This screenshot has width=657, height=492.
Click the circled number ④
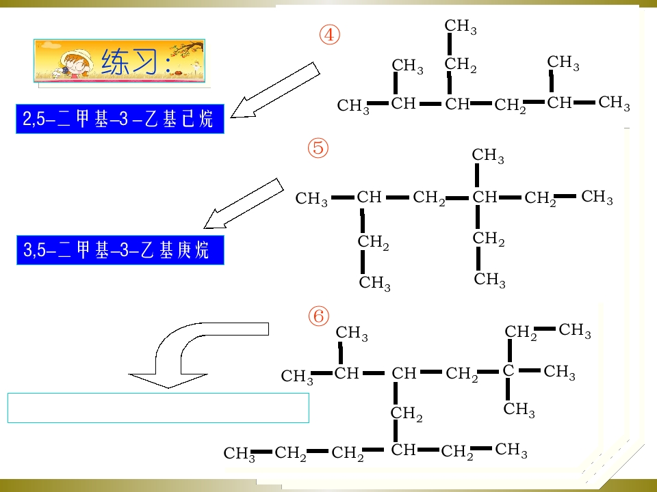[329, 35]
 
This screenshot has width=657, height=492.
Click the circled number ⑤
[318, 148]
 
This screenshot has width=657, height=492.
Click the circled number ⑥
[318, 316]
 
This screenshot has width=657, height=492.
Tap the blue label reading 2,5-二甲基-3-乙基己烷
[120, 119]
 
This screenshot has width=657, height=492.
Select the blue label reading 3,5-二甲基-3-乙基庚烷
[120, 250]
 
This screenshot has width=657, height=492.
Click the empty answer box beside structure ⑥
[158, 408]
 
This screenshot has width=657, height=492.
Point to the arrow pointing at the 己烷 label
[274, 91]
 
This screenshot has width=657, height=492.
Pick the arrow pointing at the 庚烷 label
[243, 204]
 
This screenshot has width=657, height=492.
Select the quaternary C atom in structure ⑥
[508, 370]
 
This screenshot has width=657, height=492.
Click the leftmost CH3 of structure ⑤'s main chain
[311, 198]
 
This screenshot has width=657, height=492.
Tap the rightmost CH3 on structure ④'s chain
[614, 102]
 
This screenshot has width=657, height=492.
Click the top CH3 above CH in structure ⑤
[488, 155]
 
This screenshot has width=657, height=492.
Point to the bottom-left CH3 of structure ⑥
[240, 454]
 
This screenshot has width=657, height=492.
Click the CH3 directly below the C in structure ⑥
[519, 409]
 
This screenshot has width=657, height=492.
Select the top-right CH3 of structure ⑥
[574, 330]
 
